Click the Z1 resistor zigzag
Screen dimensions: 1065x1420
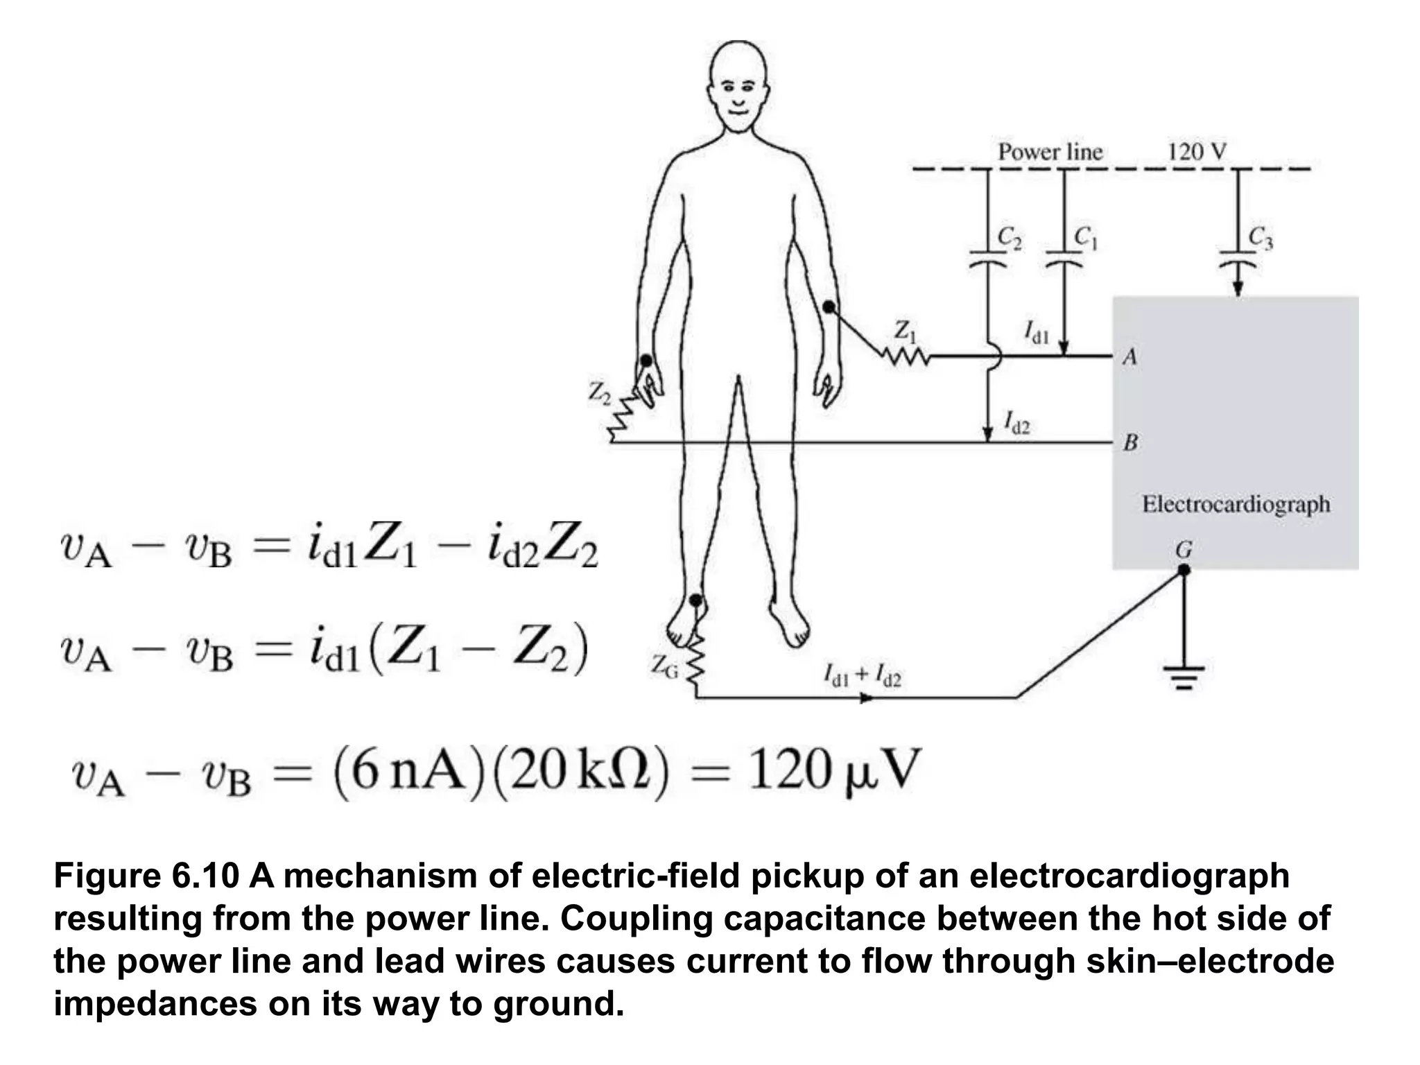[905, 356]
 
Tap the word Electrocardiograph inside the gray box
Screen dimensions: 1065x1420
[1236, 504]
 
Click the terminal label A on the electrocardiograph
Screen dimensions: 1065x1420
[1130, 357]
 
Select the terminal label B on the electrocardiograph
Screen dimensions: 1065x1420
[1130, 442]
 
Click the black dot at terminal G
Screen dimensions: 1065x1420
[1184, 570]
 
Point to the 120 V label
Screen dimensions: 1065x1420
[1197, 151]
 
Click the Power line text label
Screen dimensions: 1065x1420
[1050, 152]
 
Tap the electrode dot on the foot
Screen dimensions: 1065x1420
[696, 600]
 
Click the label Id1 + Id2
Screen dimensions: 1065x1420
[862, 675]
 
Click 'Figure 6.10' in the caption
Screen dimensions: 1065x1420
[146, 876]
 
